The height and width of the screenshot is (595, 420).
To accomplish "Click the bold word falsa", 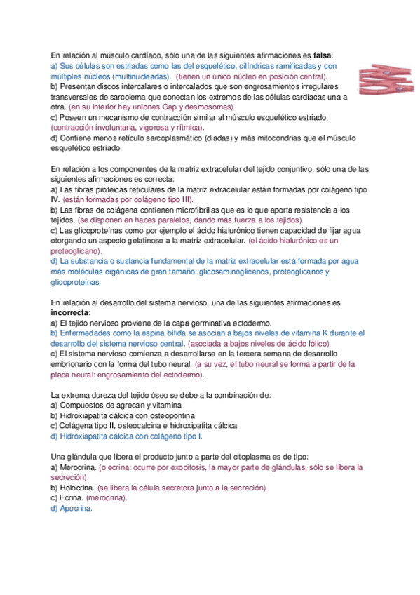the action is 322,55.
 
